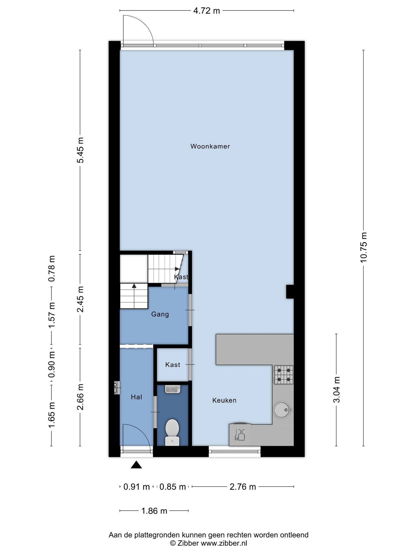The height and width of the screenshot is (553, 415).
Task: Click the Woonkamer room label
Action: click(x=210, y=146)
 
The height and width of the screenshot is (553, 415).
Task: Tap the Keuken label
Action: click(x=224, y=400)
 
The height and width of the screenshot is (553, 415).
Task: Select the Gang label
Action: click(x=160, y=314)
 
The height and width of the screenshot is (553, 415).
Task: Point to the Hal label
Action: click(x=136, y=397)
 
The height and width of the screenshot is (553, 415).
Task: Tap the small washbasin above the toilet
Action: click(x=173, y=389)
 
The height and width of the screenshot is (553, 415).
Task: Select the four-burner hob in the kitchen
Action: click(x=284, y=375)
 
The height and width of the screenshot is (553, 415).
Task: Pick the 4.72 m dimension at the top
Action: click(x=206, y=11)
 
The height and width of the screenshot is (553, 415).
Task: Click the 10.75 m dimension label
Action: click(x=363, y=247)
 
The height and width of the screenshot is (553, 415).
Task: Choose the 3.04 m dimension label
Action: click(x=337, y=390)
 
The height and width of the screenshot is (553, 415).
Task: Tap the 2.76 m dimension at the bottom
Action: click(x=243, y=487)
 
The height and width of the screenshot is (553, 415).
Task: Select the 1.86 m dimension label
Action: click(x=154, y=511)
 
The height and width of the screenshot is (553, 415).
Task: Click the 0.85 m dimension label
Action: click(x=173, y=487)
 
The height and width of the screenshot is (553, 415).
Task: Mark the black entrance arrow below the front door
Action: click(x=136, y=465)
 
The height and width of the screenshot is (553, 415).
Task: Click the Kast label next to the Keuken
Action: click(x=173, y=365)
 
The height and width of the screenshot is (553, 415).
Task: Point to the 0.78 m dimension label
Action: click(x=52, y=268)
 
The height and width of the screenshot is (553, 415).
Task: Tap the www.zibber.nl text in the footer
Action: click(x=224, y=543)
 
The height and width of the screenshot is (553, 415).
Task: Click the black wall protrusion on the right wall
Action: click(x=290, y=292)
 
